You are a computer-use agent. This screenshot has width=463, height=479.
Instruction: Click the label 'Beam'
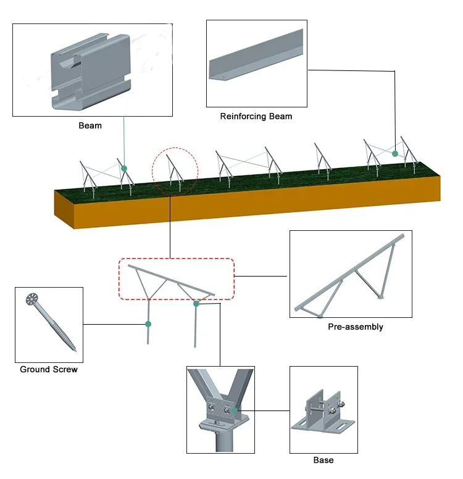point(90,125)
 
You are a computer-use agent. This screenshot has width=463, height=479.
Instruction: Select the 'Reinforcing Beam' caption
point(256,116)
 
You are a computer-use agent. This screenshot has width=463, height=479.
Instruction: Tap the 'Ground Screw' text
point(49,369)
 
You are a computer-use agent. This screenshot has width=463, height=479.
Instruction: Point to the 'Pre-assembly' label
point(355,327)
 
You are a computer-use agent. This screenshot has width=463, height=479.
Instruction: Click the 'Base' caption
point(323,460)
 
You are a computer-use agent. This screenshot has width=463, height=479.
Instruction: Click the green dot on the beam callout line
point(124,168)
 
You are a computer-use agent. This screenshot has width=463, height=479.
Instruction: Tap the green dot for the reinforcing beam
point(395,153)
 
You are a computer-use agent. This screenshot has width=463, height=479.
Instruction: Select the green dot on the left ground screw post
point(148,323)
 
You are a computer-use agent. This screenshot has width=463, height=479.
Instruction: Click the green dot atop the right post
point(196,303)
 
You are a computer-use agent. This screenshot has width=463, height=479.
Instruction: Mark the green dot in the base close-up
point(235,410)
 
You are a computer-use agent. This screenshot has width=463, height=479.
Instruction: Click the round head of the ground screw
point(33,301)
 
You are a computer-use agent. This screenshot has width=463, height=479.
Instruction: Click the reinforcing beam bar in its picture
point(256,59)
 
